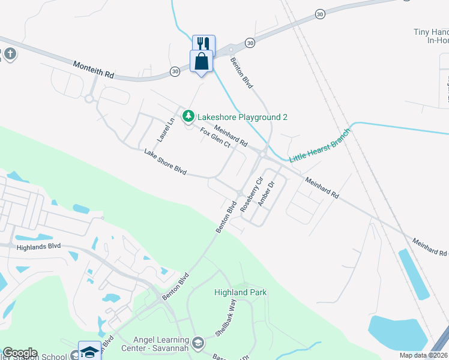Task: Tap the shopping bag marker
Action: tap(200, 61)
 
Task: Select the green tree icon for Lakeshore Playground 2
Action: tap(188, 115)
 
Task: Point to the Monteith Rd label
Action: tap(93, 69)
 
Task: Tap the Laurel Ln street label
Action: tap(166, 129)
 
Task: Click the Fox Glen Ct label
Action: tap(215, 137)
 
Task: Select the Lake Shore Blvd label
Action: tap(165, 162)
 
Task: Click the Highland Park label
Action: tap(241, 292)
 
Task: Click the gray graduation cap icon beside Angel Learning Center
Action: tap(199, 343)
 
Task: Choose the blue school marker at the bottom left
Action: tap(89, 351)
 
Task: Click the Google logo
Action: tap(20, 353)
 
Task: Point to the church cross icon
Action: tap(10, 55)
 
